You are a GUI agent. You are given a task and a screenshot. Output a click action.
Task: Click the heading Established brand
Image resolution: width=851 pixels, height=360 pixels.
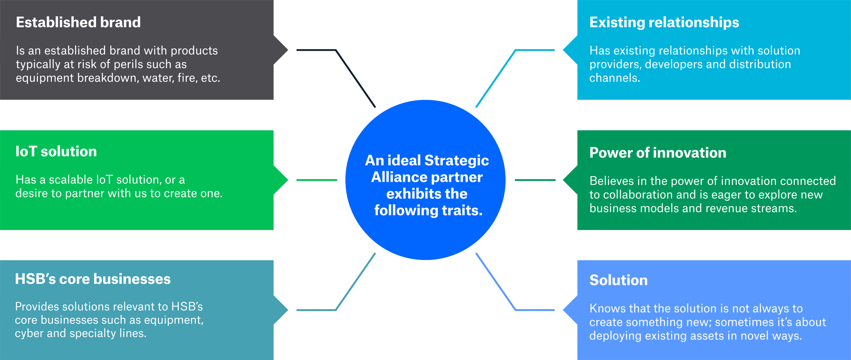coord(78,22)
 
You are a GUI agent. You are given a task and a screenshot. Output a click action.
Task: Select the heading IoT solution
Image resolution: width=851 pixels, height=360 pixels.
coord(56,152)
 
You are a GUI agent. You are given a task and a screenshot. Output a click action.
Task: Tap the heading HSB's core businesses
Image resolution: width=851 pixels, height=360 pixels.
coord(92,279)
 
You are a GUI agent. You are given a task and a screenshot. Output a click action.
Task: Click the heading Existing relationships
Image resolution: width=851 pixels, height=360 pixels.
coord(664,22)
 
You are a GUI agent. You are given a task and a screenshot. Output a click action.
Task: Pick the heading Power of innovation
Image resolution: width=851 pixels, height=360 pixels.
coord(658,153)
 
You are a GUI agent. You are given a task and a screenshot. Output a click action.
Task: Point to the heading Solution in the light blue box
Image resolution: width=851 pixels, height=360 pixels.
coord(618,280)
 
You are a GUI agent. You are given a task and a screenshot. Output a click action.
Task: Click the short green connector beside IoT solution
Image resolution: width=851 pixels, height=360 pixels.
coord(316,180)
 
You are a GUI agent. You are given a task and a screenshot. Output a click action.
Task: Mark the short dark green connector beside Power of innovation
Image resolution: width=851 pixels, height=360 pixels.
coord(535,180)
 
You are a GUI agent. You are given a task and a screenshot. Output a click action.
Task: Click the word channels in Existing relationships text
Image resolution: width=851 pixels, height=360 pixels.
coord(614,78)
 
